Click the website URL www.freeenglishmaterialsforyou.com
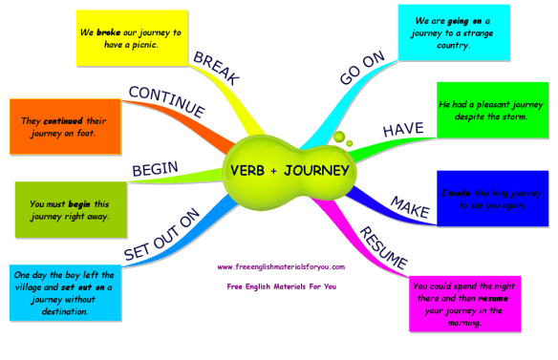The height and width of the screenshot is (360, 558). [x=279, y=267]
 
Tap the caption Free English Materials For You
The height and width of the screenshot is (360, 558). [x=280, y=286]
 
